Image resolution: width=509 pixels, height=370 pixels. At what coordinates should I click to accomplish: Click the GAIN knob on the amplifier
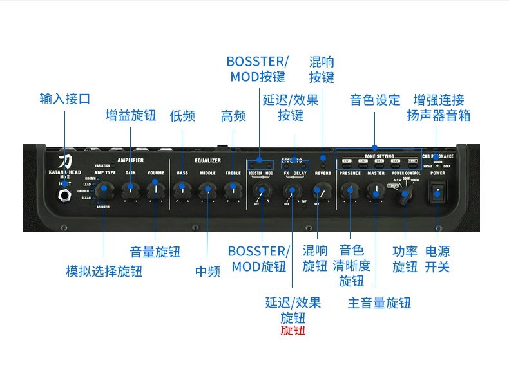tap(131, 187)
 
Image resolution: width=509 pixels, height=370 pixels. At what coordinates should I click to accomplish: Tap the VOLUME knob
tap(155, 187)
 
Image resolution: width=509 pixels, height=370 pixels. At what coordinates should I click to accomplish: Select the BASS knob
tap(182, 188)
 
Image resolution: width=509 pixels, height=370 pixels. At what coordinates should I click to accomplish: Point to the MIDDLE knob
tap(207, 189)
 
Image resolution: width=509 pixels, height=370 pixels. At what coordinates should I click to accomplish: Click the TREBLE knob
tap(232, 189)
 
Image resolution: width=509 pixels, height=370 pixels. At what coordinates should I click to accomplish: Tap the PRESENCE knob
tap(349, 190)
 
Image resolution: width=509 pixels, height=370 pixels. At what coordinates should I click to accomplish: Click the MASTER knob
tap(375, 190)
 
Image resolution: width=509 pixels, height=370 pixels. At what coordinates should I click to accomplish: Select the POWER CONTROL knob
tap(405, 194)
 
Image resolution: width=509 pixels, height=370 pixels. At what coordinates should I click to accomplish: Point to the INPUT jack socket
tap(65, 196)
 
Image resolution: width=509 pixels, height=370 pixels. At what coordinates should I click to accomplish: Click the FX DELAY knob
tap(293, 190)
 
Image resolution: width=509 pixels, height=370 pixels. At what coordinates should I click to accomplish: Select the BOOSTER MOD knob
tap(260, 190)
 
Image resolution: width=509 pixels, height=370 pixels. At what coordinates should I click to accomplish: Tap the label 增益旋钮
tap(131, 115)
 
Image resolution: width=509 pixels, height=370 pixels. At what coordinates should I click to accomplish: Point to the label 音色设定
tap(375, 100)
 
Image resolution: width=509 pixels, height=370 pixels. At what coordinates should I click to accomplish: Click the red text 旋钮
tap(293, 331)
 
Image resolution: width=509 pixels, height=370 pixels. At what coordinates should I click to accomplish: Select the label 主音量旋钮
tap(379, 302)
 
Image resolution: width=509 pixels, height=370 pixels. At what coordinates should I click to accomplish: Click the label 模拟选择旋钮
tap(104, 271)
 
